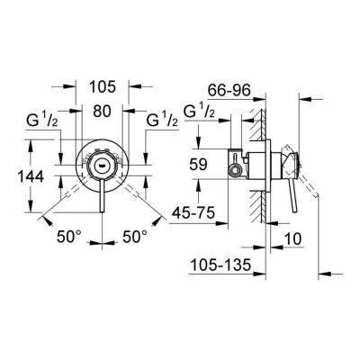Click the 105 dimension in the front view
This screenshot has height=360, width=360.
pos(103,86)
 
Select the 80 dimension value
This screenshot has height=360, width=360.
pos(102,111)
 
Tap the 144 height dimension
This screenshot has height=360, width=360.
pos(31,176)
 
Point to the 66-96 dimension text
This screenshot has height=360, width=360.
pos(229,90)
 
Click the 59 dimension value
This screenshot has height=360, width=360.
pos(198,165)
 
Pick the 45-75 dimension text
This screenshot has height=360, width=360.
pos(193,213)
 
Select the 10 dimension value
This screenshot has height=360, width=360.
pos(292,239)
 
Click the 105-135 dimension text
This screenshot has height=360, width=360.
pos(220,265)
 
